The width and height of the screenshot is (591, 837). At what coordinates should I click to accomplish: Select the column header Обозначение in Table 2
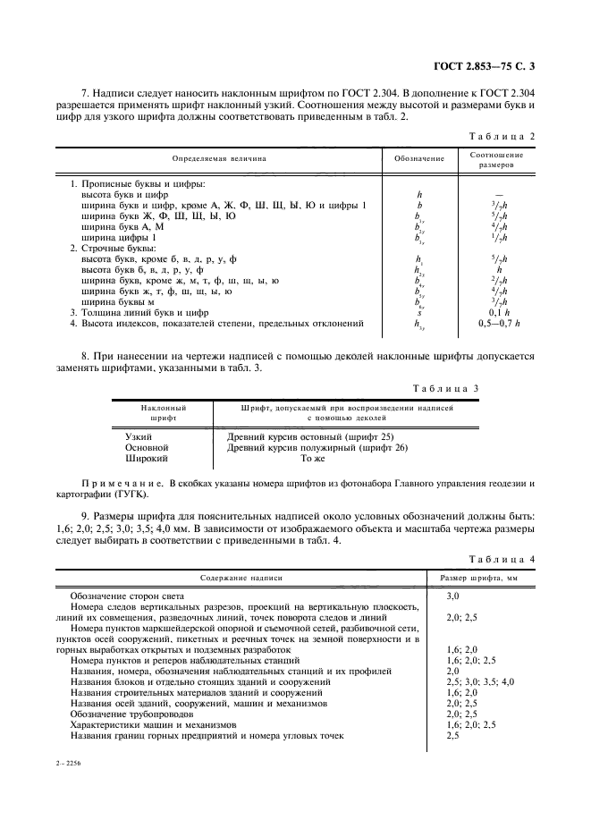pos(419,159)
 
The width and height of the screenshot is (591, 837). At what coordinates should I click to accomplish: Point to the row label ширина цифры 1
pos(119,238)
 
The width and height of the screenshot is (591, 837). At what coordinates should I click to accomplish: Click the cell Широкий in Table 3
pos(145,457)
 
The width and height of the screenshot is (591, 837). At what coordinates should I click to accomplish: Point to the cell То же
pos(313,457)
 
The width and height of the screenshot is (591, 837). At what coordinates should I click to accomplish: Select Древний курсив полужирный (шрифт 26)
pos(317,446)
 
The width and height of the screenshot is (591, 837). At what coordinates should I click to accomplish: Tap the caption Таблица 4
pos(502,560)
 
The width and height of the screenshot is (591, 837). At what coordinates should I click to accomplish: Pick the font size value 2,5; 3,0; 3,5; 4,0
pos(479,681)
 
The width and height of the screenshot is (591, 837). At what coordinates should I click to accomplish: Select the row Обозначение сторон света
pos(126,596)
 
